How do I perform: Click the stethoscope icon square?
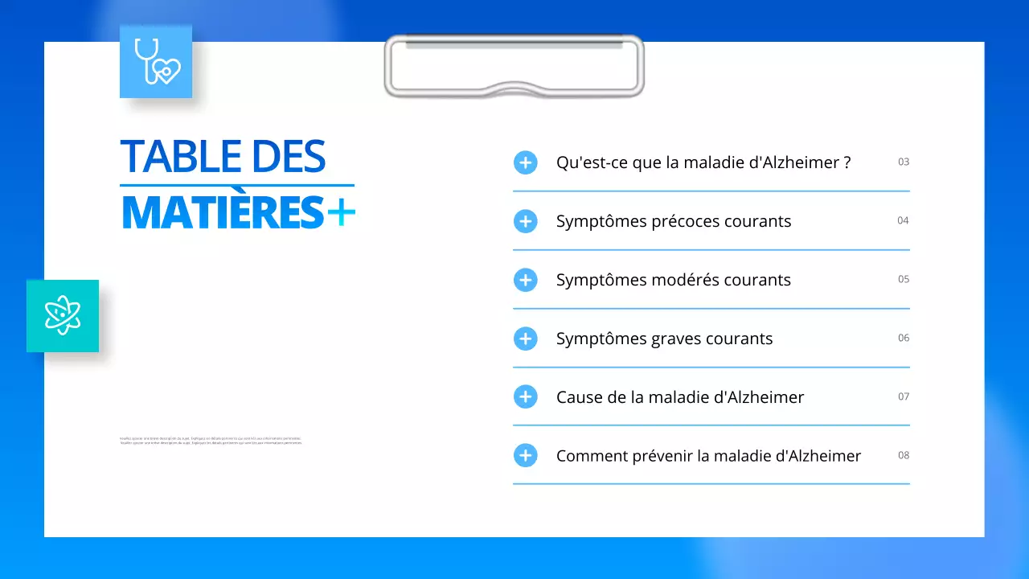tap(156, 62)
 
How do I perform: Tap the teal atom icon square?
tap(63, 316)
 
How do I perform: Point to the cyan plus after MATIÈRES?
tap(341, 212)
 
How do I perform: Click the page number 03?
tap(904, 162)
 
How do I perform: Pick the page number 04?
tap(904, 220)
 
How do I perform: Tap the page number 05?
tap(904, 279)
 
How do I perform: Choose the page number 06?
tap(904, 338)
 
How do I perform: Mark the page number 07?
tap(904, 396)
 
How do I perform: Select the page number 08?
tap(904, 455)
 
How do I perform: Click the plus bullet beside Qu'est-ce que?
tap(525, 162)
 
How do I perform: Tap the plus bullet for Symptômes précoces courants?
tap(525, 221)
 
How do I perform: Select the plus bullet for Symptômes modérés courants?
tap(525, 280)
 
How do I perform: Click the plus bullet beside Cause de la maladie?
tap(525, 396)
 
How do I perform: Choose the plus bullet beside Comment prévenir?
tap(525, 455)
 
